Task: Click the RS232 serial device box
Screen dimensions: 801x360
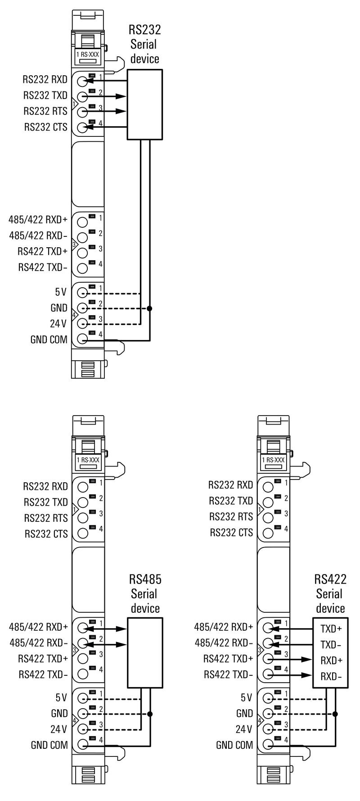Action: click(144, 104)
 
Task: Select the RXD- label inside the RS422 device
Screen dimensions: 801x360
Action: click(331, 676)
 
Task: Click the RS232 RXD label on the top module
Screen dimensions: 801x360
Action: click(45, 80)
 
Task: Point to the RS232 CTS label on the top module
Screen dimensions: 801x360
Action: click(45, 127)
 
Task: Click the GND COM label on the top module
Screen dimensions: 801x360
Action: click(49, 339)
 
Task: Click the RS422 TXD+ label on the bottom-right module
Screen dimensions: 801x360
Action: click(228, 659)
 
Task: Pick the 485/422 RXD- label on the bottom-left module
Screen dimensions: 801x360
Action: click(38, 643)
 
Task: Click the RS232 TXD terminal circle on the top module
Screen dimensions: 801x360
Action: click(82, 96)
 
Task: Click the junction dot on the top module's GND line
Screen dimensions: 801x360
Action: click(150, 308)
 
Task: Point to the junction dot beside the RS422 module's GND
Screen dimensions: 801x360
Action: click(335, 714)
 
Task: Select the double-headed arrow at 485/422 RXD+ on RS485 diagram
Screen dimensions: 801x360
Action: click(107, 629)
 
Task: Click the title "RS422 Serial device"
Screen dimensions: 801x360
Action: click(330, 593)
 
